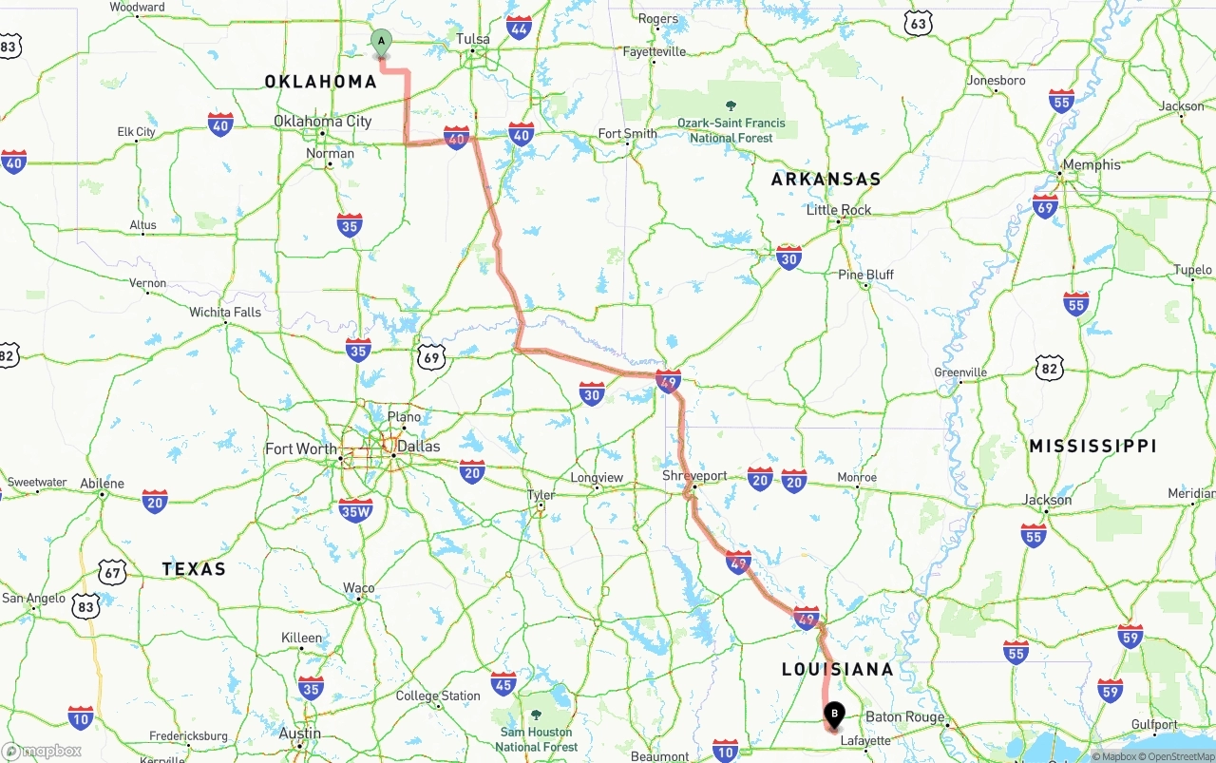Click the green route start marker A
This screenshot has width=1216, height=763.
[381, 42]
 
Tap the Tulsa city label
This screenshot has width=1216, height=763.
[473, 39]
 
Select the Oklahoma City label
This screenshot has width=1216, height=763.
[322, 121]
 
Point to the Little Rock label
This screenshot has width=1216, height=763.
[839, 210]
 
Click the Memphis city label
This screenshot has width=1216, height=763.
[1092, 164]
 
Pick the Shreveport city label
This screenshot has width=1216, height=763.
[694, 476]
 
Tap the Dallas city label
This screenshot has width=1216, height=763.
[418, 447]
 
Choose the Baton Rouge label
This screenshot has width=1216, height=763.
[904, 717]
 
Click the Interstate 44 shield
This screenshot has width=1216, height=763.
[519, 28]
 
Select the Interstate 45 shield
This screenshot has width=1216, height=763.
[503, 683]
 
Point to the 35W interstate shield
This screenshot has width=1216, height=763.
[355, 510]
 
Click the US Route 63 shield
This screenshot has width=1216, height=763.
[917, 24]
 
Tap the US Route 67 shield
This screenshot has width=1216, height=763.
[113, 571]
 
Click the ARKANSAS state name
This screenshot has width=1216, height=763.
[826, 179]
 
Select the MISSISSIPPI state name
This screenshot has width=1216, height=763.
[1092, 446]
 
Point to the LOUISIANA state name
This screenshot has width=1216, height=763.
[837, 669]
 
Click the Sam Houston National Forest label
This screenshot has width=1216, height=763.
[536, 739]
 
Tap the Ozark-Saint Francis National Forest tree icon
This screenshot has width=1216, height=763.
[731, 105]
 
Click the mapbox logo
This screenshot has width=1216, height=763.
[42, 751]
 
